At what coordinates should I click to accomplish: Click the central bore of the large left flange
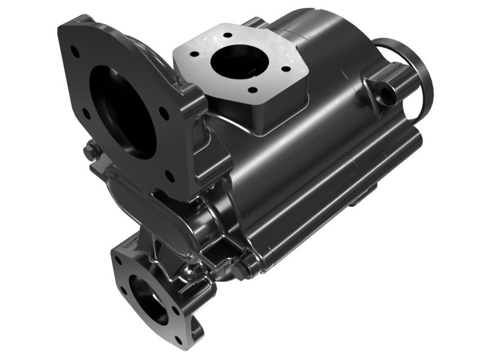click(123, 111)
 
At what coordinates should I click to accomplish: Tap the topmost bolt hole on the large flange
click(76, 51)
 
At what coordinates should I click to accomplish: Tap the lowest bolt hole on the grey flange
click(253, 90)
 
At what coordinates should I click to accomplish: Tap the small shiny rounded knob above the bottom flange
click(191, 272)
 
